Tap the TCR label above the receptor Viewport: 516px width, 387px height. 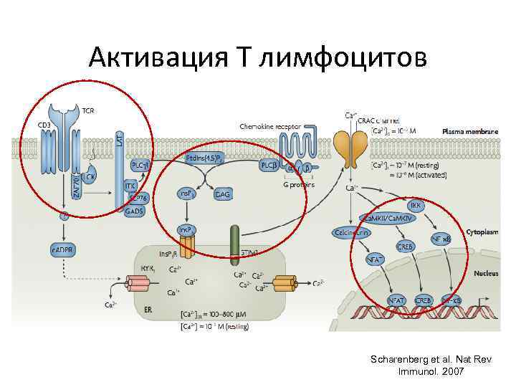tap(89, 110)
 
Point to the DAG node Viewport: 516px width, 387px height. tap(222, 193)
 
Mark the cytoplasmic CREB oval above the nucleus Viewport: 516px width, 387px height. tap(405, 246)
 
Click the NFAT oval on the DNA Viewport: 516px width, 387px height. tap(396, 300)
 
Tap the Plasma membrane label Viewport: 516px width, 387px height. tap(466, 131)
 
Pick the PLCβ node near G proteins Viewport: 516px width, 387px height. tap(269, 165)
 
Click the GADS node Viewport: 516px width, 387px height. tap(133, 212)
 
